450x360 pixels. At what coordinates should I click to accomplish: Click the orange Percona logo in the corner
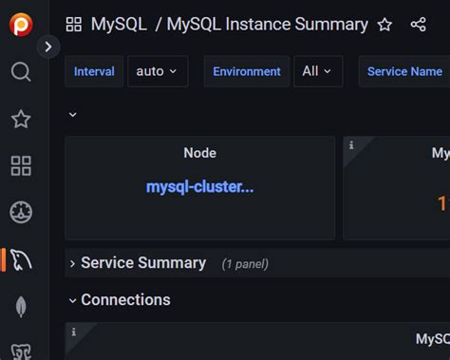(20, 24)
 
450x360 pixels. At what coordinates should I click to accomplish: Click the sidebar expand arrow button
(48, 46)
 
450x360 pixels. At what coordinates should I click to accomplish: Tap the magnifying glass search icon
(20, 72)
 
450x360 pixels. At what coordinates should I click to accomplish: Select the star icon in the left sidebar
(20, 119)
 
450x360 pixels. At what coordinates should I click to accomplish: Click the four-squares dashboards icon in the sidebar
(20, 166)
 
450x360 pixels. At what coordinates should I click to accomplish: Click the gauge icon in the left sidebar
(20, 212)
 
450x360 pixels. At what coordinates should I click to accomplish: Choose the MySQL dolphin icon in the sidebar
(21, 259)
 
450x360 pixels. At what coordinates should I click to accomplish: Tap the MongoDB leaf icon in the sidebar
(20, 306)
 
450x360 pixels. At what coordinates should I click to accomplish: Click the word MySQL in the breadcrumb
(119, 25)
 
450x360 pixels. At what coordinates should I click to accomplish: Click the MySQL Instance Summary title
(267, 25)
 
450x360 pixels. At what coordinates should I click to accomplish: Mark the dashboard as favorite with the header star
(384, 25)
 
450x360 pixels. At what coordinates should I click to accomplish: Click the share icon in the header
(418, 25)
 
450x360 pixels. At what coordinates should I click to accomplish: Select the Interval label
(94, 71)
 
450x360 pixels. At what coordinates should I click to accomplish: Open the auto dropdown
(157, 71)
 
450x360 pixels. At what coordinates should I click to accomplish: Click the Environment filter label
(247, 71)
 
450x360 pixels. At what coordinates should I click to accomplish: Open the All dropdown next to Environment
(317, 71)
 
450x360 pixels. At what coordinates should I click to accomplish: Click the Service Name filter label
(404, 71)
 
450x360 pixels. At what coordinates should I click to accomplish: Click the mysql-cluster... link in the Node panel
(199, 187)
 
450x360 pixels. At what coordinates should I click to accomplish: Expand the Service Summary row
(142, 263)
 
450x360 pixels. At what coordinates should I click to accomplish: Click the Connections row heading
(125, 300)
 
